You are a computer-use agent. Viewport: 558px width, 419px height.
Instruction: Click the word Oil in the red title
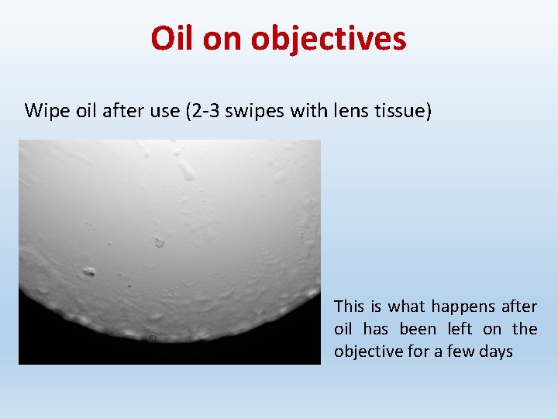click(172, 38)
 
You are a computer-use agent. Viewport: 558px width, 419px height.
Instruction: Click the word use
click(161, 111)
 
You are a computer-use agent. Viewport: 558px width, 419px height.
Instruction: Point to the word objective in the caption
click(368, 351)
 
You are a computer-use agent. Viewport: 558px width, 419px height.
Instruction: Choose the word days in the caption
click(496, 351)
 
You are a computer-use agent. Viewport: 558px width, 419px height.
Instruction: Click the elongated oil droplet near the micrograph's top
click(185, 168)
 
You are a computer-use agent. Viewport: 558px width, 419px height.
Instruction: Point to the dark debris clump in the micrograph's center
click(160, 243)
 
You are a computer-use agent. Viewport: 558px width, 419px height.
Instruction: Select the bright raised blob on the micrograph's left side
click(89, 272)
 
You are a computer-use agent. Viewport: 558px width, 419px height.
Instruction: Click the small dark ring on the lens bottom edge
click(153, 338)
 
